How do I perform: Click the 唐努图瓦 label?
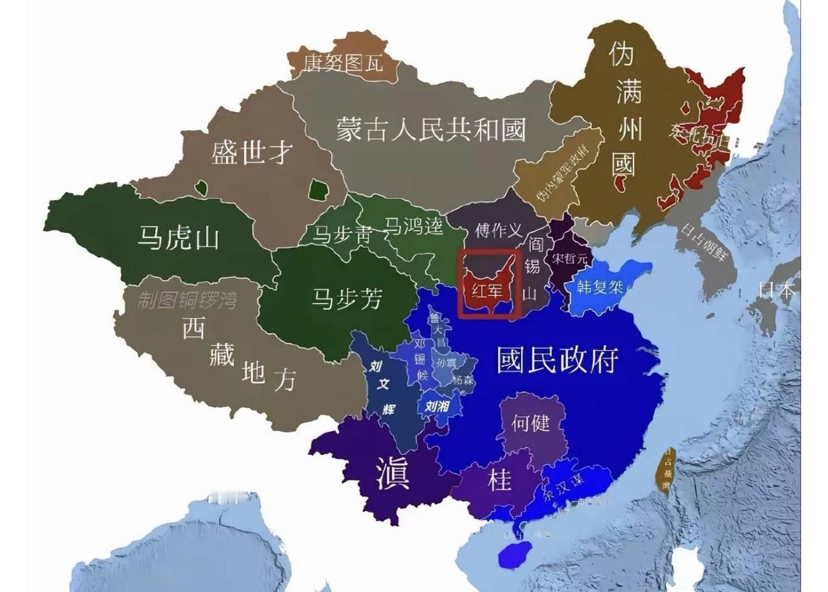pyautogui.click(x=343, y=63)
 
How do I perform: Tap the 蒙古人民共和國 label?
pyautogui.click(x=431, y=129)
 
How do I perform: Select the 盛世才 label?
pyautogui.click(x=252, y=153)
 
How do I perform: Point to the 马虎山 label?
pyautogui.click(x=179, y=238)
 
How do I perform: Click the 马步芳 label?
pyautogui.click(x=347, y=299)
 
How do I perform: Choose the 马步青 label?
pyautogui.click(x=342, y=235)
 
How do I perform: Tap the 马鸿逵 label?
pyautogui.click(x=414, y=226)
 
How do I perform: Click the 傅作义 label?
pyautogui.click(x=497, y=230)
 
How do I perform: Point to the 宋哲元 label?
pyautogui.click(x=569, y=258)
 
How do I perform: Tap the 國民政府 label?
pyautogui.click(x=558, y=360)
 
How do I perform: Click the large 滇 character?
pyautogui.click(x=393, y=474)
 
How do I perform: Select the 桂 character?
pyautogui.click(x=499, y=480)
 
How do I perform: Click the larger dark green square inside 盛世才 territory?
pyautogui.click(x=317, y=190)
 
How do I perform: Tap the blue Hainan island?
pyautogui.click(x=515, y=554)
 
